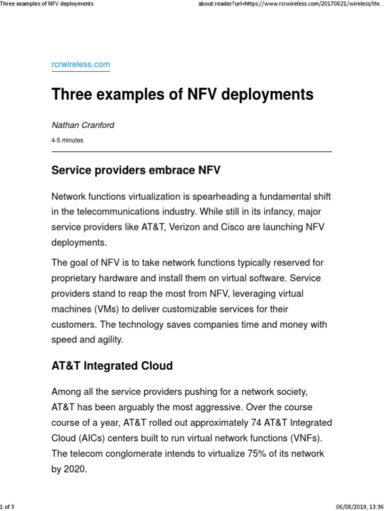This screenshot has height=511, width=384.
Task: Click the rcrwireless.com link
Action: [80, 64]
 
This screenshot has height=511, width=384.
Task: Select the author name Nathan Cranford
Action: [83, 125]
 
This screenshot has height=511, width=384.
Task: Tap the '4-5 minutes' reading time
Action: [67, 140]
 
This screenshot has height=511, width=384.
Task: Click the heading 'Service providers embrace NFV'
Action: [136, 171]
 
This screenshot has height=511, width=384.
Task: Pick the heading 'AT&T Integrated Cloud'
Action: [112, 366]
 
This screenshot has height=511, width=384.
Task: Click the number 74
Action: [255, 422]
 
